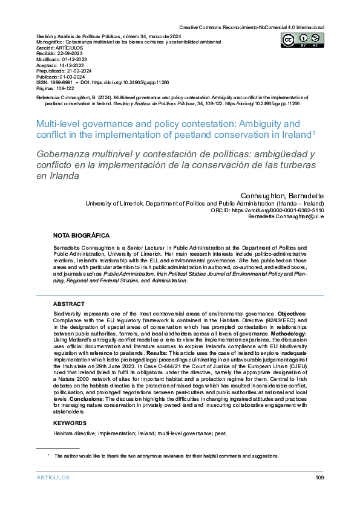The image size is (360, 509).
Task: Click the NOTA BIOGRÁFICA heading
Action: coord(82,235)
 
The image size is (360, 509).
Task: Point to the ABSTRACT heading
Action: coord(69,303)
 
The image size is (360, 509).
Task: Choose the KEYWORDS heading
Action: coord(70,423)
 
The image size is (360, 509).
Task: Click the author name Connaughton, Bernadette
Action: coord(283,196)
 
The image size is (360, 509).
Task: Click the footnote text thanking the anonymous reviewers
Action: coord(166,456)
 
